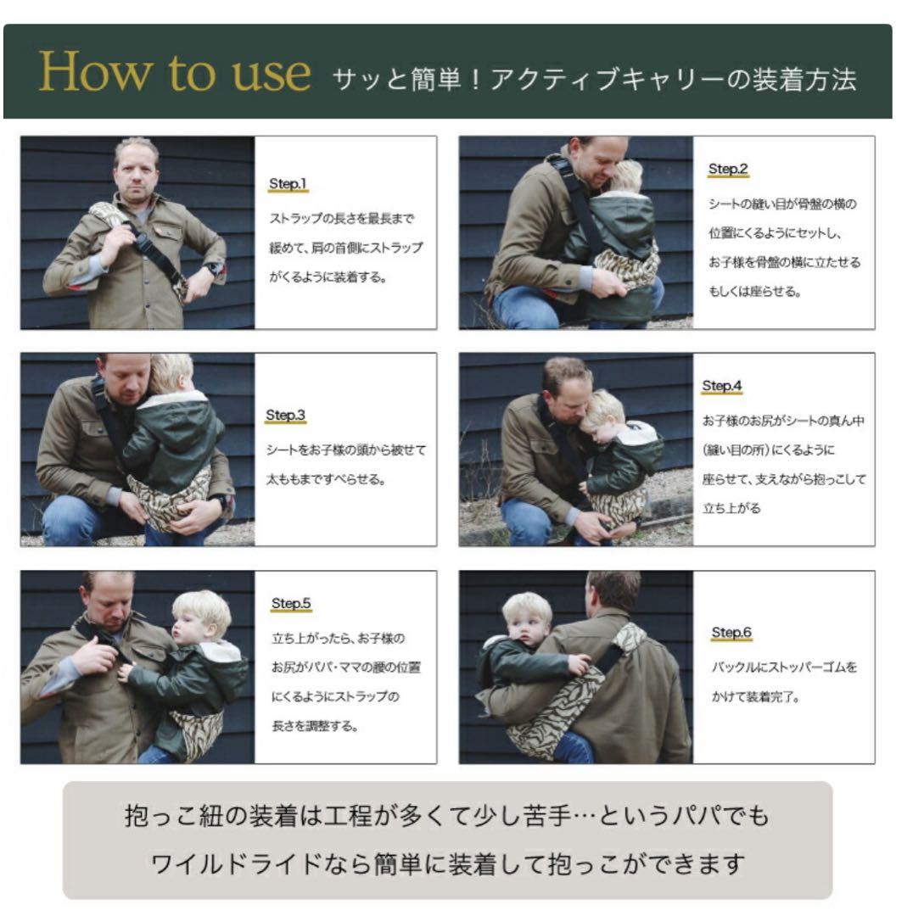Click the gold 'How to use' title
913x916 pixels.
click(x=174, y=74)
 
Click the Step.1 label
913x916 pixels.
click(x=287, y=184)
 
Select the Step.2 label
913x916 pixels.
click(x=727, y=170)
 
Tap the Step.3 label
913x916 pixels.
click(x=285, y=416)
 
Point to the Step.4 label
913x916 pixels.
click(x=721, y=387)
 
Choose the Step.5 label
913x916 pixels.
click(x=291, y=604)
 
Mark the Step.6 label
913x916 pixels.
click(x=731, y=633)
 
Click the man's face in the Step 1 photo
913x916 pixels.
click(x=137, y=173)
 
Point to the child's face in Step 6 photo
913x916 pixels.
click(x=526, y=628)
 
